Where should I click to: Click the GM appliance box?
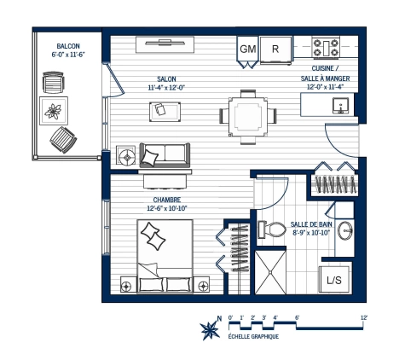[x=247, y=49]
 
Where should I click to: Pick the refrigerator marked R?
[x=275, y=49]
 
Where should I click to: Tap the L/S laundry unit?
[x=333, y=279]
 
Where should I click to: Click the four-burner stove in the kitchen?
[x=327, y=47]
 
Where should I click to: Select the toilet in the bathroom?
[x=273, y=229]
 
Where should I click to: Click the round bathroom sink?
[x=346, y=230]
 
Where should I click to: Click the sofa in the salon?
[x=164, y=155]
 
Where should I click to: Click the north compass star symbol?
[x=207, y=328]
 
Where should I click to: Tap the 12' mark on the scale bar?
[x=364, y=318]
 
